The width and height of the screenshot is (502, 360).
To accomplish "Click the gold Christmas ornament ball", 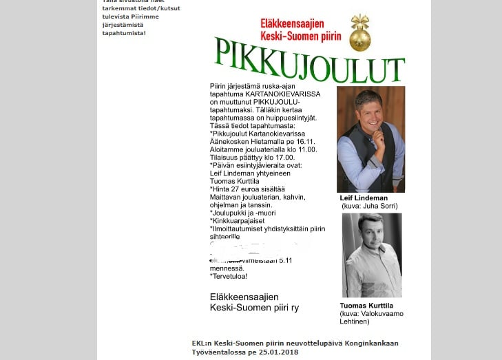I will click(359, 39).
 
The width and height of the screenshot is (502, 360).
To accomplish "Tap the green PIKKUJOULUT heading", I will click(308, 60).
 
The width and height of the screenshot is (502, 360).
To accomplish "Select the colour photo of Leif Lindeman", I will click(370, 139).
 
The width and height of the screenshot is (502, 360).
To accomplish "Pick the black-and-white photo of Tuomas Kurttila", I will click(371, 255).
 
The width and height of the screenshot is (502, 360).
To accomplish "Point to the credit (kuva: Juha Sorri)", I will click(369, 206).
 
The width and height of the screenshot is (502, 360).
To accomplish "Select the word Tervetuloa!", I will click(229, 276).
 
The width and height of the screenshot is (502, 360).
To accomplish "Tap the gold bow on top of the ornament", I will click(359, 21).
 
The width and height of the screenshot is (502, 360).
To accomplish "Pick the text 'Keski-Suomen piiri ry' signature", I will click(254, 308).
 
